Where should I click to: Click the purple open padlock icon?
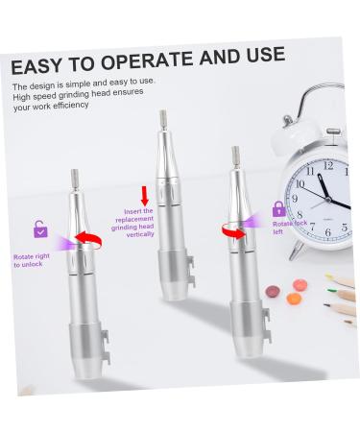[40, 229]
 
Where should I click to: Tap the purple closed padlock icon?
[278, 208]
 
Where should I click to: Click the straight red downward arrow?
[145, 195]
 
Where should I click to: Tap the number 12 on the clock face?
[328, 165]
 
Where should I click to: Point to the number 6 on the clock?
[327, 231]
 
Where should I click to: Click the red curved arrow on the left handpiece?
[88, 240]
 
